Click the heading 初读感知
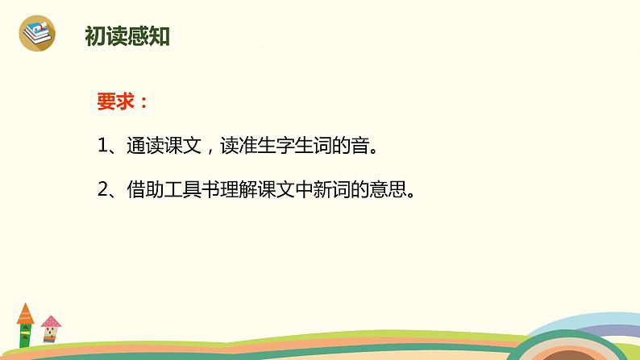(127, 36)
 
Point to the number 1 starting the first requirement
(102, 147)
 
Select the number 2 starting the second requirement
(102, 191)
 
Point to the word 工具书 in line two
(190, 191)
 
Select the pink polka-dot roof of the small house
(51, 322)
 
